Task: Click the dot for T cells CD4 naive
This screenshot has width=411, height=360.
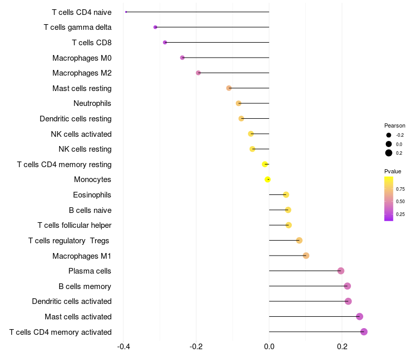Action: coord(126,12)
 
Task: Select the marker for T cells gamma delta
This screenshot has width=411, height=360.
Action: coord(156,27)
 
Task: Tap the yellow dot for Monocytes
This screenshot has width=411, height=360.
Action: coord(268,179)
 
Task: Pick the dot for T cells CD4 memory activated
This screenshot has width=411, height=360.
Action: coord(364,332)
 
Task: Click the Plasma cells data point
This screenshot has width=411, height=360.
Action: coord(341,271)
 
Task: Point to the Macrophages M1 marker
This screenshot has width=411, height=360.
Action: coord(306,256)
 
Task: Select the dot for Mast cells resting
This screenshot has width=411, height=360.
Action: coord(229,88)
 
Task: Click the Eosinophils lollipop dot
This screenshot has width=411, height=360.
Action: coord(286,195)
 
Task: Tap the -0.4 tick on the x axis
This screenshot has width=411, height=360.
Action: coord(123,347)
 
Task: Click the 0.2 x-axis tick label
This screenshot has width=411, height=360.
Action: coord(342,347)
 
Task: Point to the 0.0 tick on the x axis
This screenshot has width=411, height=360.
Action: coord(269,347)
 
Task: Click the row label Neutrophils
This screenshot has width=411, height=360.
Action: coord(92,103)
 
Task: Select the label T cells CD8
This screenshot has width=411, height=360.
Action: coord(92,43)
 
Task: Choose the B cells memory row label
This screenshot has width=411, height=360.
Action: coord(85,286)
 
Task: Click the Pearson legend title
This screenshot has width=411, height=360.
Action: coord(395,125)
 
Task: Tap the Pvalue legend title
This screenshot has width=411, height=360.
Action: coord(393,171)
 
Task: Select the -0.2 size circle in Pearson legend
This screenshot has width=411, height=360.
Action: coord(389,135)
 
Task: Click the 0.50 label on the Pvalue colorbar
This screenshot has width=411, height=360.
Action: coord(400,202)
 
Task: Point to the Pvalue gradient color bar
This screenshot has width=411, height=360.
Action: coord(389,199)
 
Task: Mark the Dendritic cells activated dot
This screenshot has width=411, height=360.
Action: coord(348,301)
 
